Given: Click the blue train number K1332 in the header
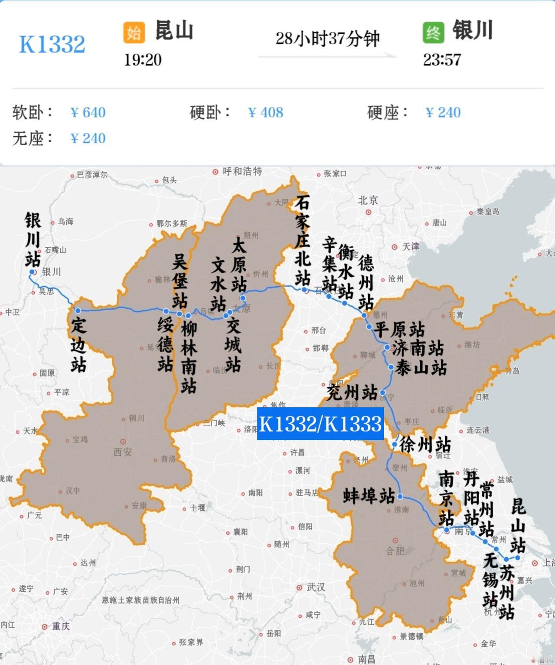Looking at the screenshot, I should click(x=52, y=44).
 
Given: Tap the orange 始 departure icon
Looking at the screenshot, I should click(x=134, y=33).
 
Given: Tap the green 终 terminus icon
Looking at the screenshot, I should click(x=433, y=33).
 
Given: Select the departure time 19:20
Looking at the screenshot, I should click(x=143, y=60).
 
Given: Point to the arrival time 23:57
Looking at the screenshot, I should click(x=442, y=60).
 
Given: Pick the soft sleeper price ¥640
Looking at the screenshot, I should click(x=88, y=113).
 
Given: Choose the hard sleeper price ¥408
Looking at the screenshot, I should click(x=265, y=113).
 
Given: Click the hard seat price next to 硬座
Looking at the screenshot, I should click(x=443, y=113).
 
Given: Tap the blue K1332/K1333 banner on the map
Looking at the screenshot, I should click(x=320, y=424).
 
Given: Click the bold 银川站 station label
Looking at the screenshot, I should click(x=33, y=239).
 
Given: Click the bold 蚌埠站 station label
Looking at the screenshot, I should click(x=369, y=496).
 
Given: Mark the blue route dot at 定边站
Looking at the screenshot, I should click(x=78, y=311).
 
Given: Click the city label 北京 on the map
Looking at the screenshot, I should click(x=368, y=200).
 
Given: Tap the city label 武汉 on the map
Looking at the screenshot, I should click(x=316, y=587).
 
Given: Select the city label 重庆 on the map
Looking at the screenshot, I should click(x=61, y=626).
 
